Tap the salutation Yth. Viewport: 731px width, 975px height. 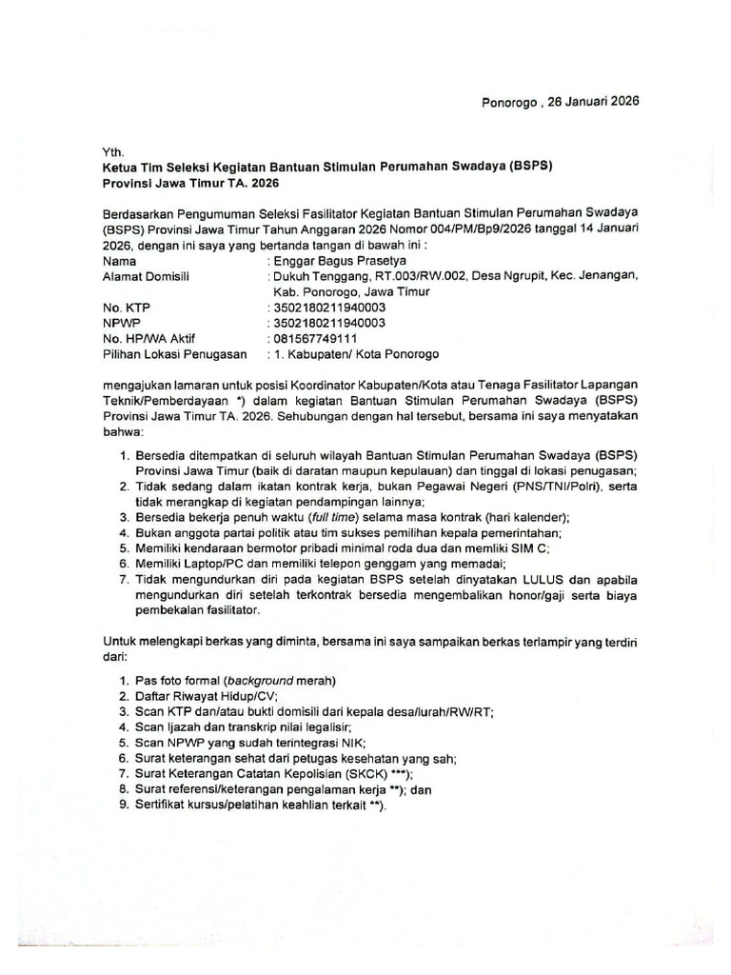point(113,150)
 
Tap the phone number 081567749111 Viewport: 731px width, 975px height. point(318,339)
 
